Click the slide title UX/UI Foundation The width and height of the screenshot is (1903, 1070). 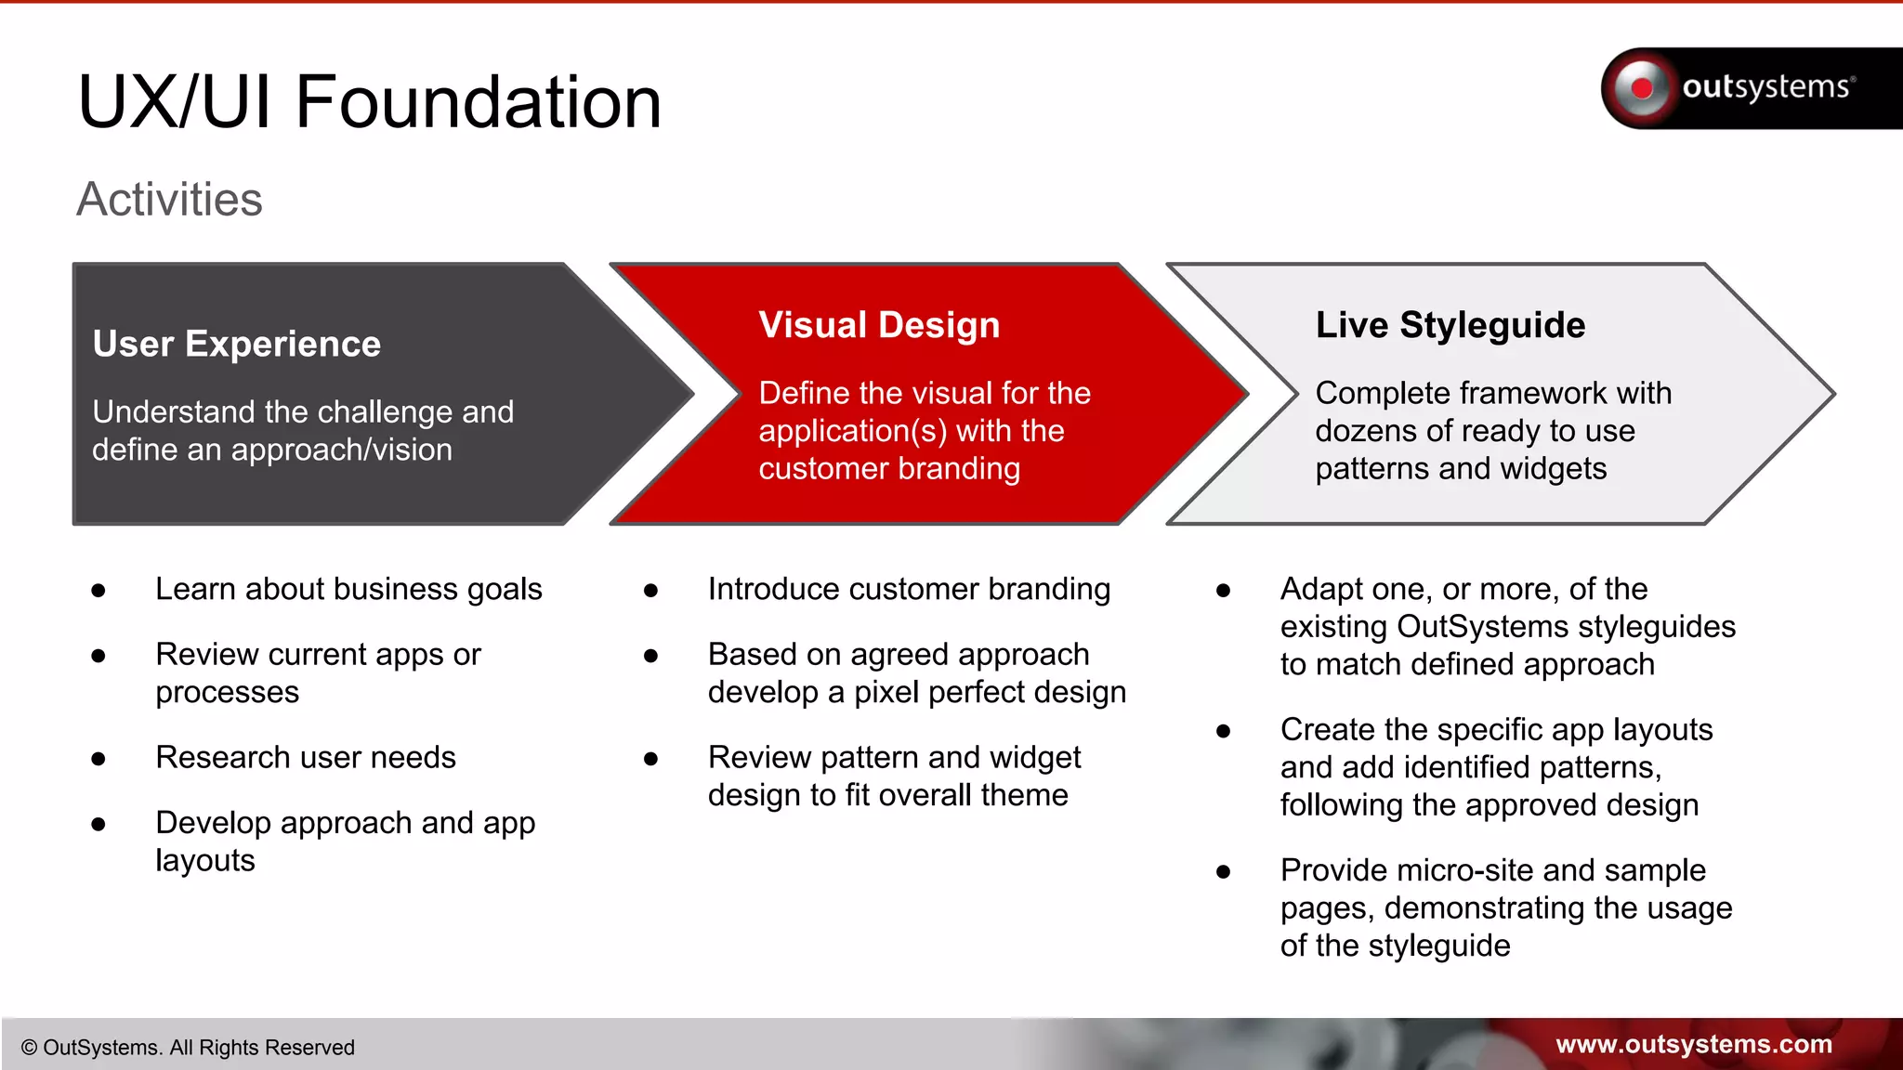pyautogui.click(x=369, y=102)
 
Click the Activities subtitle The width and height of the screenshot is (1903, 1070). pyautogui.click(x=169, y=200)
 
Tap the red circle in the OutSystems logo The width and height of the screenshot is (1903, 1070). pyautogui.click(x=1642, y=88)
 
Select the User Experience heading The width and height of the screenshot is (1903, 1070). pyautogui.click(x=237, y=345)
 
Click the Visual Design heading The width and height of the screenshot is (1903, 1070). pyautogui.click(x=879, y=325)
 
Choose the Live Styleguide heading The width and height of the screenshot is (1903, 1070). pyautogui.click(x=1450, y=325)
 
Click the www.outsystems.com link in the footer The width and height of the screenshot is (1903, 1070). pyautogui.click(x=1693, y=1044)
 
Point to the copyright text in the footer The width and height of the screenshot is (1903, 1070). pyautogui.click(x=188, y=1048)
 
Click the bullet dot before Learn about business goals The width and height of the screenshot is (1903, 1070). pyautogui.click(x=98, y=591)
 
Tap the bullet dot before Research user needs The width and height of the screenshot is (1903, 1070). pyautogui.click(x=98, y=759)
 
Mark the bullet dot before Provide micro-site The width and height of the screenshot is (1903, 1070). pyautogui.click(x=1223, y=872)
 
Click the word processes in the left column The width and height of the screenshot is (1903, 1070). pyautogui.click(x=228, y=693)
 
